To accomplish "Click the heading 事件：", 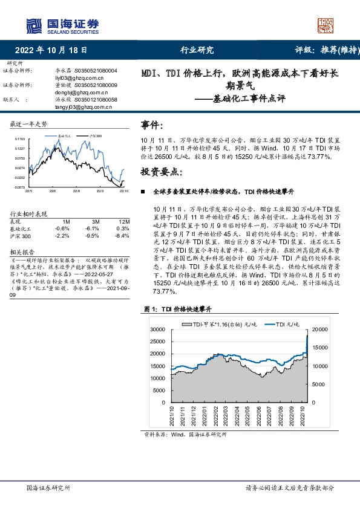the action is tap(152, 125).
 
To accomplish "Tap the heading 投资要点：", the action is tap(160, 172).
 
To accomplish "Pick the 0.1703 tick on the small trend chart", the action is tap(21, 139).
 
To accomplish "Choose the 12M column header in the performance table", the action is tap(124, 222).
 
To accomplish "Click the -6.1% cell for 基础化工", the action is tap(92, 229).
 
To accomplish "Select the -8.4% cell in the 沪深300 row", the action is tap(123, 236).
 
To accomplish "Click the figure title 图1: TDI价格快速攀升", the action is tap(177, 309).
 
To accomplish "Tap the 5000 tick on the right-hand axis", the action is tap(319, 384).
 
